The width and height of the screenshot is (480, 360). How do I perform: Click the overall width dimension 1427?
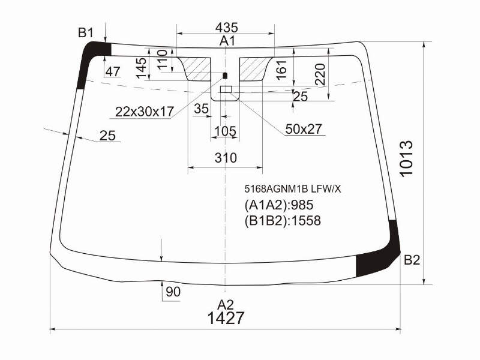226,318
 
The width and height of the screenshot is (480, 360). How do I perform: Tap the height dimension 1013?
407,158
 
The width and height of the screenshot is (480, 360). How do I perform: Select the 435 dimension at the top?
227,28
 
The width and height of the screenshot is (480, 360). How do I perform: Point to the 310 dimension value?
226,158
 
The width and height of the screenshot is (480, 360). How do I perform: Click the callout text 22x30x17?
145,112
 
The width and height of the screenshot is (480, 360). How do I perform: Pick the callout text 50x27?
304,129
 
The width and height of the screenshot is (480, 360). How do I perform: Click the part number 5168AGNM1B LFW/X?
292,189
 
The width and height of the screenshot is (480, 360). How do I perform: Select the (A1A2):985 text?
279,205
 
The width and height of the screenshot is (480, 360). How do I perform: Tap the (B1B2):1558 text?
283,220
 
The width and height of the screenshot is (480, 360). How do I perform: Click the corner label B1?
86,32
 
